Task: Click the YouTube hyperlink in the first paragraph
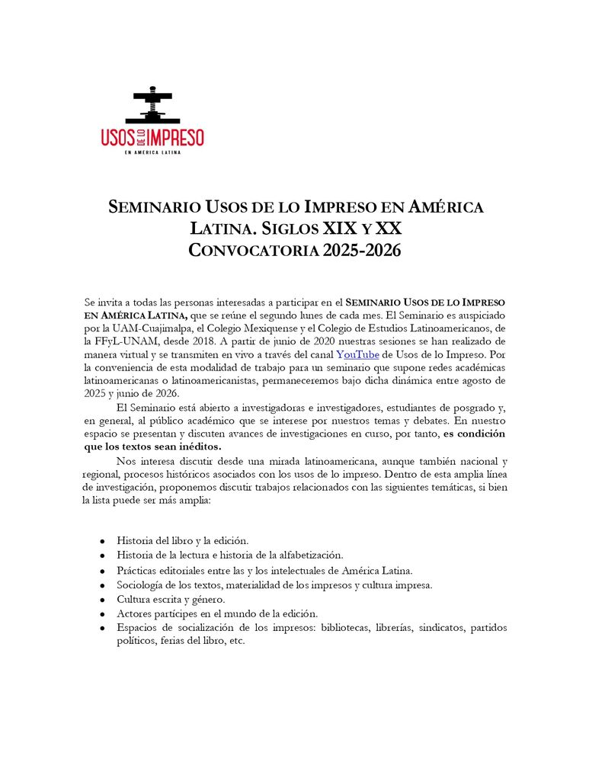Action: (357, 354)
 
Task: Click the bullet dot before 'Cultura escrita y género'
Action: (101, 600)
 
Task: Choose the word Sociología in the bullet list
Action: (142, 584)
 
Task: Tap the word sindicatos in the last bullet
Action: (440, 627)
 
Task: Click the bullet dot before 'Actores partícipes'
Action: (101, 614)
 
